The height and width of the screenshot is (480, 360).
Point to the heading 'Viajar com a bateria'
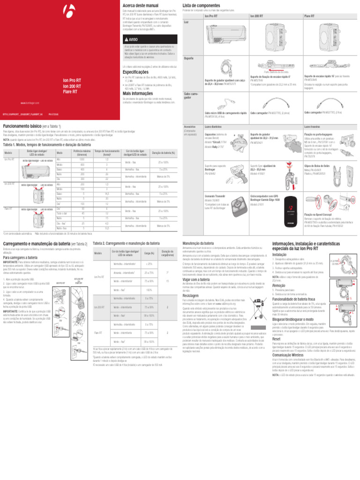tap(199, 278)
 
